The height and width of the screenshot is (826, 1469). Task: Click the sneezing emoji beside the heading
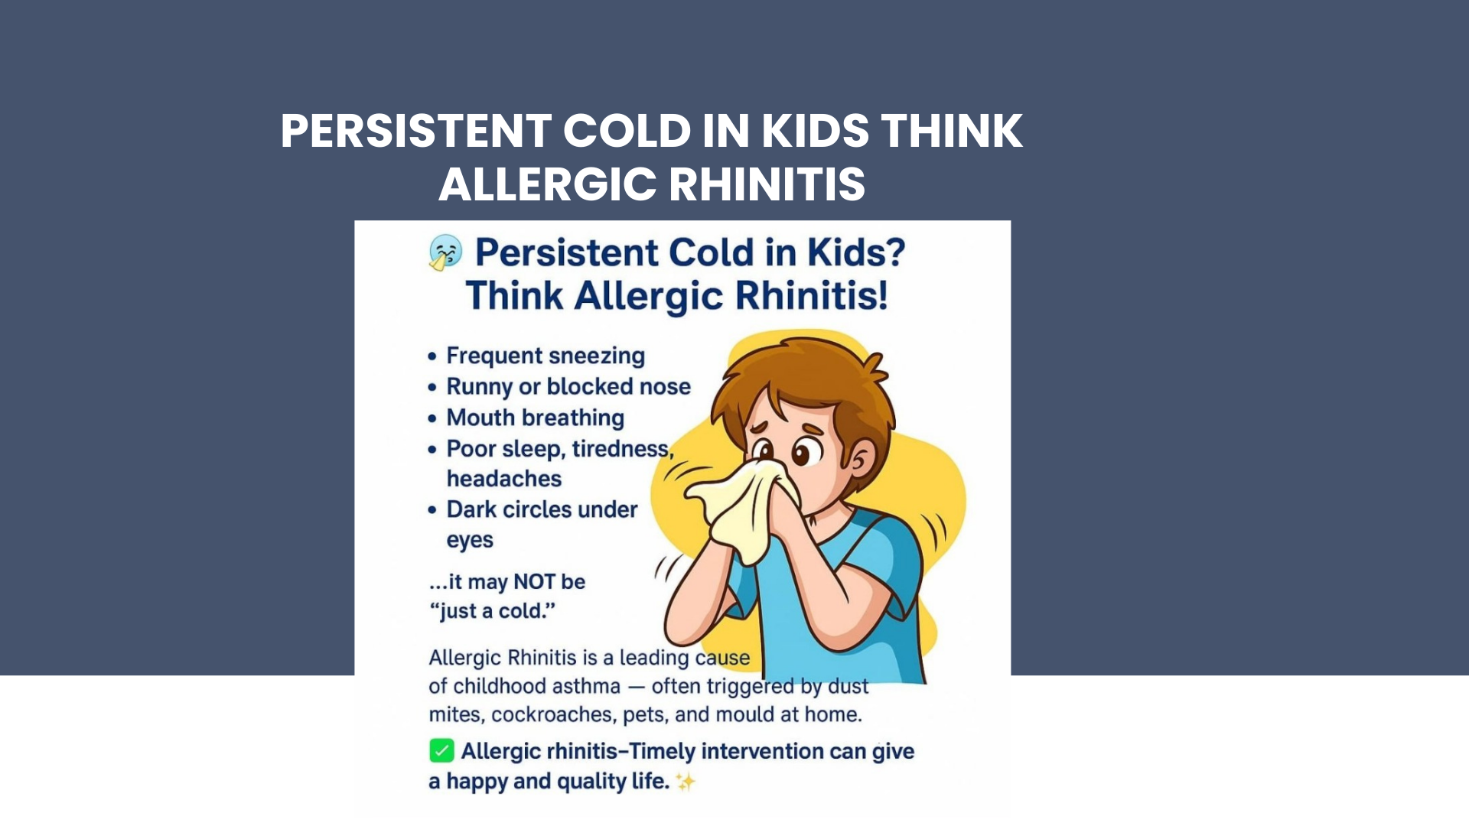[x=445, y=252]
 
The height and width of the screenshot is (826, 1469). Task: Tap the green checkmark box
[x=441, y=750]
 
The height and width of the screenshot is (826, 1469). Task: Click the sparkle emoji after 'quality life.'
[x=686, y=782]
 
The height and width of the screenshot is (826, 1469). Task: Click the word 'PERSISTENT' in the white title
[x=416, y=131]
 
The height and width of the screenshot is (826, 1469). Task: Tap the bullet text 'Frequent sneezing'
[x=546, y=356]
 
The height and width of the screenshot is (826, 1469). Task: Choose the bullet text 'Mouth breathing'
[x=536, y=418]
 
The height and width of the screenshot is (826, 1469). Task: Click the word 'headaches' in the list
[x=504, y=479]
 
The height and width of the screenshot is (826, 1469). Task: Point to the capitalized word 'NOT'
[x=534, y=582]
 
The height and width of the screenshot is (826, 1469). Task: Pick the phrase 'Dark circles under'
[x=542, y=509]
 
